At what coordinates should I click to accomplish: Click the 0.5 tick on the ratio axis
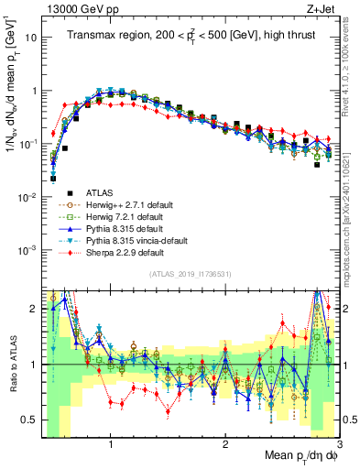pos(28,420)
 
